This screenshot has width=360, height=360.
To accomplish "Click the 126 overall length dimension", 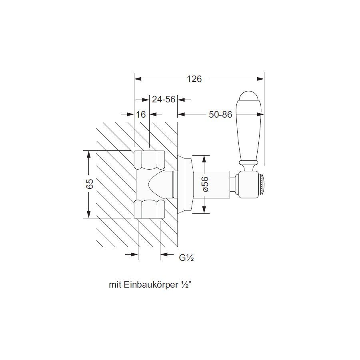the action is coord(194,79).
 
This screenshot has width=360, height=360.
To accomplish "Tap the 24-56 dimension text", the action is coord(164,100).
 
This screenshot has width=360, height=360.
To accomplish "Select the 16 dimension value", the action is coord(141,114).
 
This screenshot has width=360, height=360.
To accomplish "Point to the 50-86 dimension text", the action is coord(220,114).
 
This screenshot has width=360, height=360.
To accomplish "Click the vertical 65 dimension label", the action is coord(90,184).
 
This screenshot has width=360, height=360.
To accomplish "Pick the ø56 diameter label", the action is coord(205,184).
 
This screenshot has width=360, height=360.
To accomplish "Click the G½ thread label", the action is coord(186,258).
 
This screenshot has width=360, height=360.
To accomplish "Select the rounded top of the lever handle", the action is coord(249,96).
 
